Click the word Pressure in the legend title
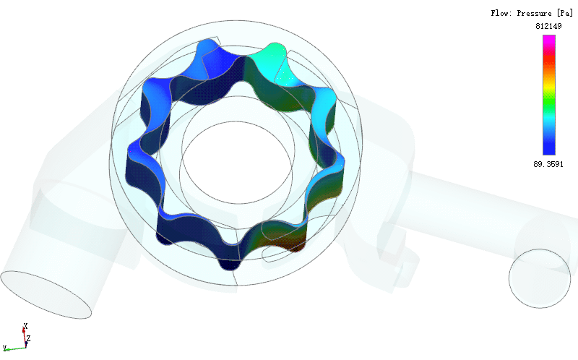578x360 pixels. pos(534,13)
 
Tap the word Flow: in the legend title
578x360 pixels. pos(501,13)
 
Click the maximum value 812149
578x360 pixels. pos(548,26)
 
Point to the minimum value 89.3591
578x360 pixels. pos(548,164)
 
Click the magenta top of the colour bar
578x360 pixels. pos(549,39)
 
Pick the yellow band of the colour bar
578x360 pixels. pos(549,87)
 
